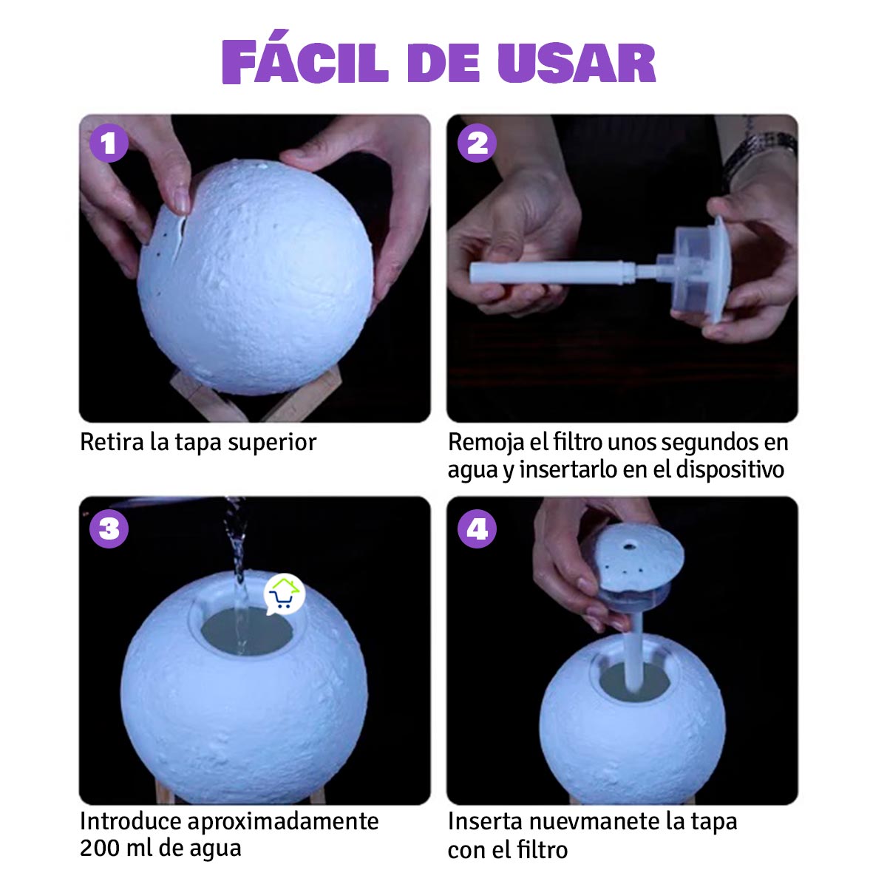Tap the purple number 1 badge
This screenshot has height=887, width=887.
109,143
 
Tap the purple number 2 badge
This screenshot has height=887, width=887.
477,143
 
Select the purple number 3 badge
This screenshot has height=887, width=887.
109,529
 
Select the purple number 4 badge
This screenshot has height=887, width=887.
477,529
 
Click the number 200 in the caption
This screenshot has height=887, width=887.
101,848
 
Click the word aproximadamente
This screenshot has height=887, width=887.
283,821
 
